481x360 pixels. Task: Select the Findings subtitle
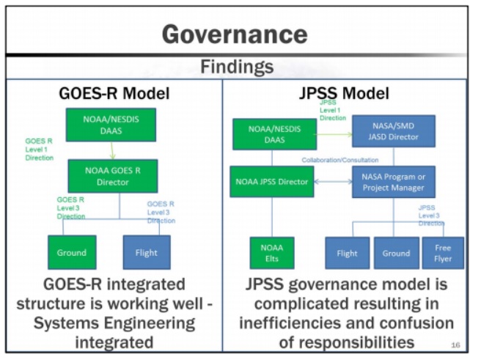pyautogui.click(x=237, y=67)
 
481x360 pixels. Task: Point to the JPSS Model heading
pyautogui.click(x=344, y=94)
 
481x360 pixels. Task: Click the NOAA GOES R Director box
pyautogui.click(x=112, y=176)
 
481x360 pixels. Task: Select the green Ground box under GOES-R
pyautogui.click(x=72, y=252)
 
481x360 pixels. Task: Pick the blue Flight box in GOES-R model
pyautogui.click(x=147, y=252)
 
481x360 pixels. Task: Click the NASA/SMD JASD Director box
pyautogui.click(x=394, y=131)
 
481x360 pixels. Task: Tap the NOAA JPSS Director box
pyautogui.click(x=272, y=181)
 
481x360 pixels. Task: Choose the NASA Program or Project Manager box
pyautogui.click(x=394, y=181)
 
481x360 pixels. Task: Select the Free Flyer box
pyautogui.click(x=443, y=253)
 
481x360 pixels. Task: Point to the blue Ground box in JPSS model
pyautogui.click(x=396, y=253)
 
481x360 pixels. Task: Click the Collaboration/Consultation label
pyautogui.click(x=340, y=159)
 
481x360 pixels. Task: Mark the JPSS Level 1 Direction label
pyautogui.click(x=332, y=109)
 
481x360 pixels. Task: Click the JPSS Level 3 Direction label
pyautogui.click(x=431, y=216)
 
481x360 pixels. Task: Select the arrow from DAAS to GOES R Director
pyautogui.click(x=112, y=150)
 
